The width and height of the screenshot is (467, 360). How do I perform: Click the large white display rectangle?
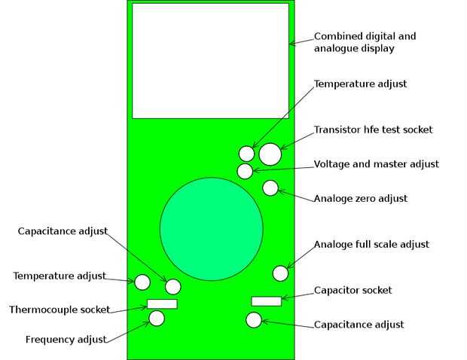tap(210, 60)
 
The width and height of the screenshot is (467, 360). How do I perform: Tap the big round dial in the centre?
tap(212, 228)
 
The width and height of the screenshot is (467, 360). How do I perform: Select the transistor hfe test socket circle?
tap(270, 154)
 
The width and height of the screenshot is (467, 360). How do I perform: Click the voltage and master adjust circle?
tap(245, 171)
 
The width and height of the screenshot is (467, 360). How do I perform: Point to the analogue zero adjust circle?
tap(270, 188)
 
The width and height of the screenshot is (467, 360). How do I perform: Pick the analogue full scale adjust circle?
tap(280, 273)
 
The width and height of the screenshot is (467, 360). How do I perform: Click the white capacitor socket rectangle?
tap(266, 301)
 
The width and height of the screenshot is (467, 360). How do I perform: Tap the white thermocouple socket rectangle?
tap(162, 304)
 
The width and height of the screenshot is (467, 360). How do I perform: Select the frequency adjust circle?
tap(157, 318)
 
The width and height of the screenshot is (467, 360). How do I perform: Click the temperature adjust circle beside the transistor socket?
tap(246, 154)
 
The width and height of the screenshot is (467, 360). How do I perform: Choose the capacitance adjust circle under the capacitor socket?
tap(254, 320)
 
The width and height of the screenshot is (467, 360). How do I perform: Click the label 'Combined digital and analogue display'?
tap(365, 41)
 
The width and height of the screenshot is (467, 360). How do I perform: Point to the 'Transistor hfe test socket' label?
tap(373, 130)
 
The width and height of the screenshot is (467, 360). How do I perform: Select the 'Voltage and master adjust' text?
tap(376, 163)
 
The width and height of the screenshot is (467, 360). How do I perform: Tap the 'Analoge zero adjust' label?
tap(360, 198)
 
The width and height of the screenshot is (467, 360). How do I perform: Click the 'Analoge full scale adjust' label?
tap(371, 244)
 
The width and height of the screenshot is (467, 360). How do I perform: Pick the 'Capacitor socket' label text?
tap(353, 290)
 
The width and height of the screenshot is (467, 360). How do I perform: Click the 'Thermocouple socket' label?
tap(60, 310)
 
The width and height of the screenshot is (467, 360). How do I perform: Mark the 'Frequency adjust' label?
tap(66, 339)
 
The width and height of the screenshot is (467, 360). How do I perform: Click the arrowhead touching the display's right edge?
tap(291, 44)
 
